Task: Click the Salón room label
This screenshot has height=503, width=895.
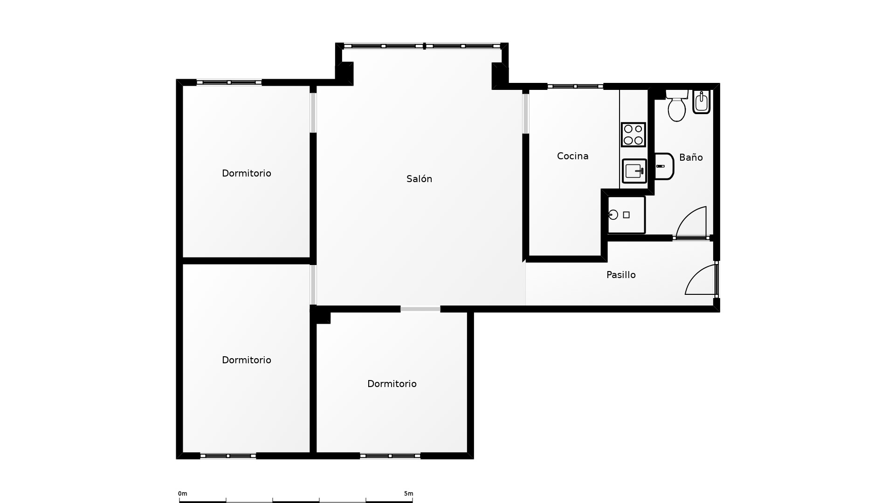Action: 419,179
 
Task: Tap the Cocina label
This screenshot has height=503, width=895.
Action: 572,156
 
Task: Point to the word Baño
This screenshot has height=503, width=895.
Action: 691,157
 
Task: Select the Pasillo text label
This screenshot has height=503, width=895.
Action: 621,275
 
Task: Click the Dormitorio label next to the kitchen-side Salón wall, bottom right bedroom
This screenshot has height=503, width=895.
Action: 392,384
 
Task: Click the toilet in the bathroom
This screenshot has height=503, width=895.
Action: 677,106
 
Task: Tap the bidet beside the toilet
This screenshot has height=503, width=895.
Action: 701,102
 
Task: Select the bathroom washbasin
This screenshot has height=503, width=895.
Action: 664,166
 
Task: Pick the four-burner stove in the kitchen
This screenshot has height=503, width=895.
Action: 633,135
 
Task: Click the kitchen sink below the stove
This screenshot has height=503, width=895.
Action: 634,171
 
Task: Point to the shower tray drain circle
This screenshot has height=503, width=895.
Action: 613,215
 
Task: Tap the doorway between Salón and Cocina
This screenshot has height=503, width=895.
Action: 526,113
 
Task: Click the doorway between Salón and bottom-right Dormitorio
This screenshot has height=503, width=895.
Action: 420,309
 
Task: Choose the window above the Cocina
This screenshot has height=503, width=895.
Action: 575,86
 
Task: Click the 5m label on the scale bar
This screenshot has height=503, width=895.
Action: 408,494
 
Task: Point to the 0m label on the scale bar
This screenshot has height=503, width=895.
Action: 182,494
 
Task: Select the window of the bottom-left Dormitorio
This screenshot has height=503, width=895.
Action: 228,456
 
